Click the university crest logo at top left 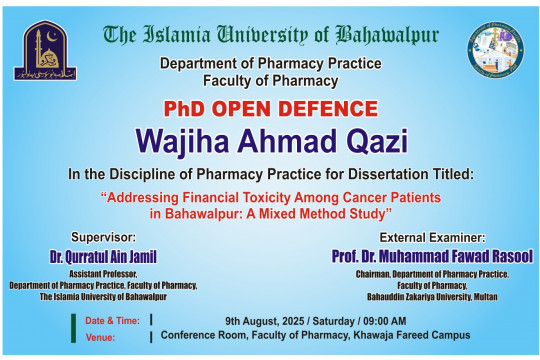point(40,50)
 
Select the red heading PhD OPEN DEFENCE point(269,107)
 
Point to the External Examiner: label point(433,238)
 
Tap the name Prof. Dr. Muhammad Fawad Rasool point(433,256)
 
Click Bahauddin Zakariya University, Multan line point(433,297)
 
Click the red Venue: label point(100,338)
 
